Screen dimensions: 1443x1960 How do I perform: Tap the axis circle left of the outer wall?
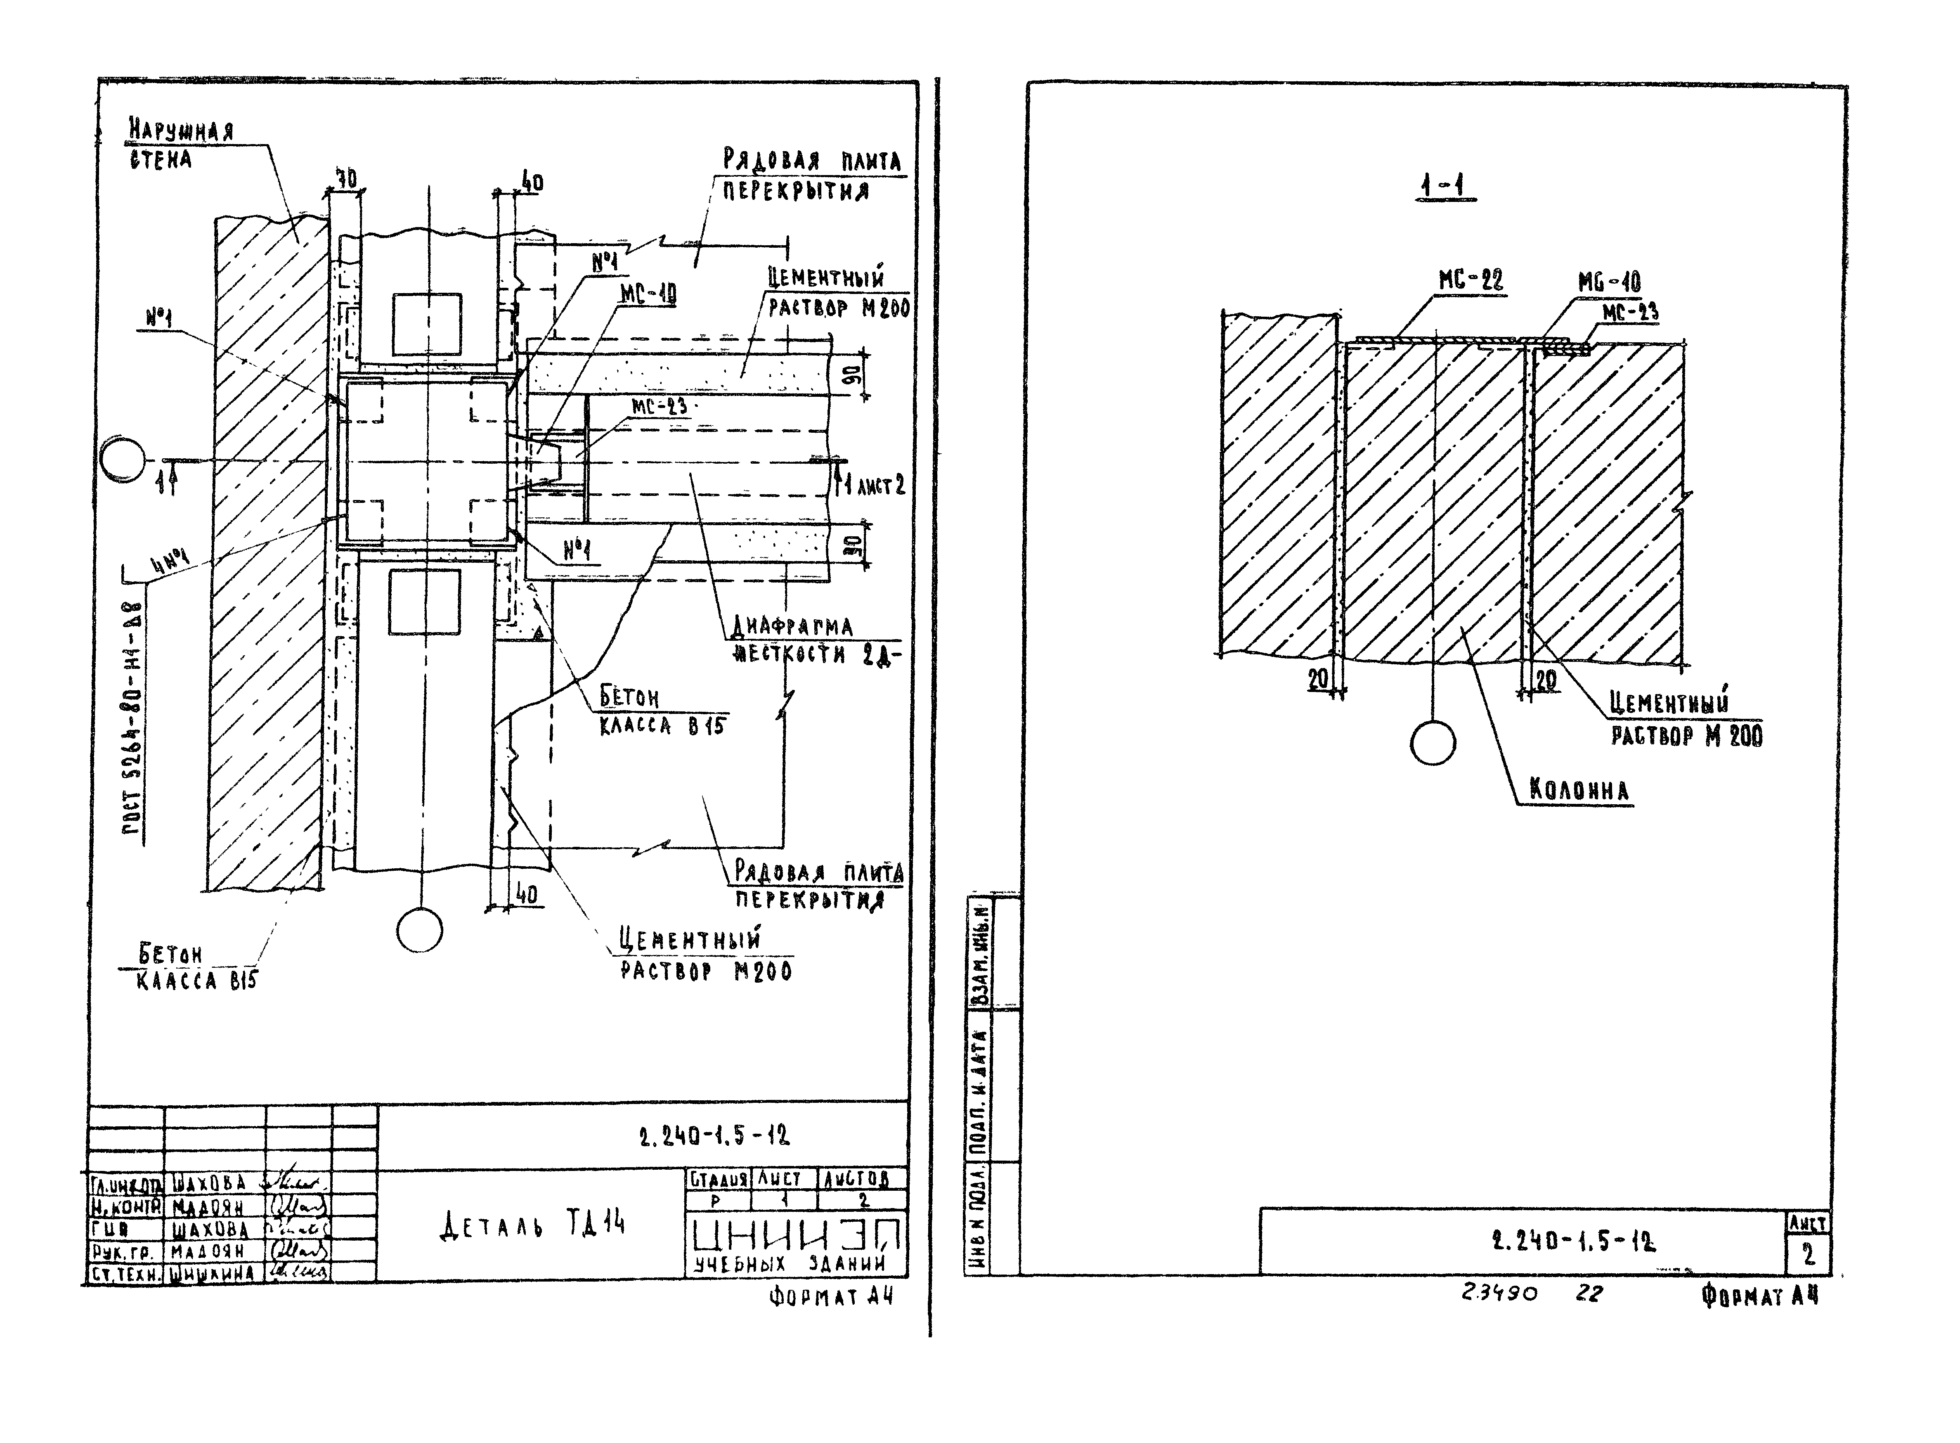122,460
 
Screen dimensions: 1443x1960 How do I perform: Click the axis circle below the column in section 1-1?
1433,743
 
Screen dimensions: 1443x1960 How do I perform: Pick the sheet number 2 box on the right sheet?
1808,1255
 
